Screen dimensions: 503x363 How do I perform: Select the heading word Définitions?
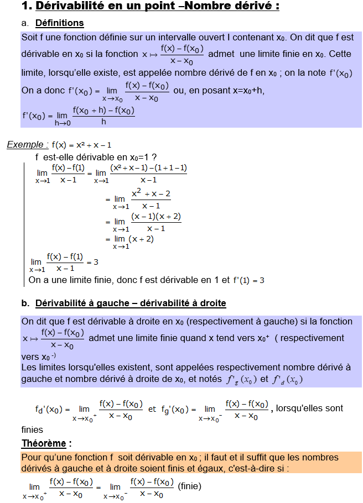pos(59,23)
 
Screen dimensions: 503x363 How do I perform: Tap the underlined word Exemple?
pos(25,145)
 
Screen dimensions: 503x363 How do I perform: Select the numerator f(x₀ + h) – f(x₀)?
pos(103,110)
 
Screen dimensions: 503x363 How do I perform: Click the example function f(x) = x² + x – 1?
pos(81,145)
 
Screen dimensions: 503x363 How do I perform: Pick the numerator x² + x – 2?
pos(151,194)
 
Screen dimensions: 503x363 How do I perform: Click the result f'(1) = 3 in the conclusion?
pos(248,280)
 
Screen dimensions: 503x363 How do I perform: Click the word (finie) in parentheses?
pos(190,486)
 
